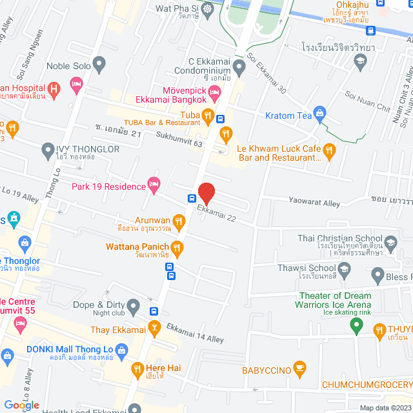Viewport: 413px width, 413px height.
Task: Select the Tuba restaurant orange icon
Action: tap(207, 116)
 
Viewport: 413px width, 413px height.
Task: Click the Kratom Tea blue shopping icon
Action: tap(318, 116)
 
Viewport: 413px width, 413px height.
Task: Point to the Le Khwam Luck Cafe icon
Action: tap(329, 152)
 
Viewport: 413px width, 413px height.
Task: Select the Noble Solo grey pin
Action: tap(99, 64)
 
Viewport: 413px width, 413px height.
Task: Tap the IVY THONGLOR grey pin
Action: tap(47, 152)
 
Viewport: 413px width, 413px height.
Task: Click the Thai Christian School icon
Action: tap(390, 242)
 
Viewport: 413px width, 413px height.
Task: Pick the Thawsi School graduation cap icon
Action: tap(345, 268)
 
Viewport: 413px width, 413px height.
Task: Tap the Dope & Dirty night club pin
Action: tap(134, 305)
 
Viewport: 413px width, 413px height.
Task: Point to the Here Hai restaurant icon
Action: tap(137, 370)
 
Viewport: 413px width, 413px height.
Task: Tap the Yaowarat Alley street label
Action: tap(314, 203)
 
